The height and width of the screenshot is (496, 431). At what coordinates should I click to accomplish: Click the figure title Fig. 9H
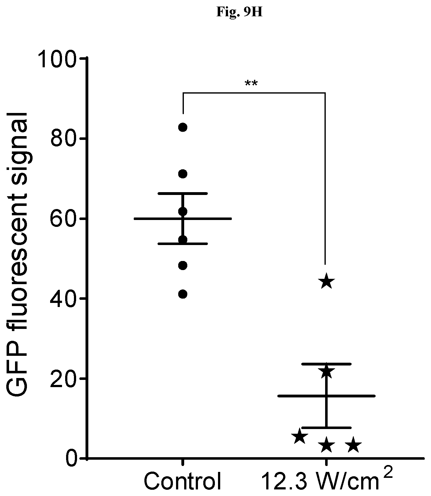point(239,13)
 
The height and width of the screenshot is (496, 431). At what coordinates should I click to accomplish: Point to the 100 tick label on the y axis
point(58,59)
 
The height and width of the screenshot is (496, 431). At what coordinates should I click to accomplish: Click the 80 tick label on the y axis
point(64,139)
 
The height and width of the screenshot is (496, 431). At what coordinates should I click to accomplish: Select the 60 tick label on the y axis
point(64,218)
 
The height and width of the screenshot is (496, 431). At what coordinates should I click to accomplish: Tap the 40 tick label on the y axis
point(64,299)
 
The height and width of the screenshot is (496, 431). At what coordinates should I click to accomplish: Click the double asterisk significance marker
point(251,84)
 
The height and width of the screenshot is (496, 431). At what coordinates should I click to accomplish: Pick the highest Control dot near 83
point(183,127)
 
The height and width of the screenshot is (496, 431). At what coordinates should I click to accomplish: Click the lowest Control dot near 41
point(183,294)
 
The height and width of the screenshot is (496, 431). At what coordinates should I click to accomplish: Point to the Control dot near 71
point(183,174)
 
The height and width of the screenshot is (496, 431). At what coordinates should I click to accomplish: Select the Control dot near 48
point(183,266)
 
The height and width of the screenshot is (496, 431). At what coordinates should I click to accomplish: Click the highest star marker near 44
point(326,281)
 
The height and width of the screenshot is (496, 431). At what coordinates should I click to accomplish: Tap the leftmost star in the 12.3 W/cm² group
point(299,436)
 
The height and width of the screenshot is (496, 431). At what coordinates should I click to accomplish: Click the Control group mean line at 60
point(183,219)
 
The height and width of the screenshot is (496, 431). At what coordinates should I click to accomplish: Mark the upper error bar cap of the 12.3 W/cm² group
point(326,364)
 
